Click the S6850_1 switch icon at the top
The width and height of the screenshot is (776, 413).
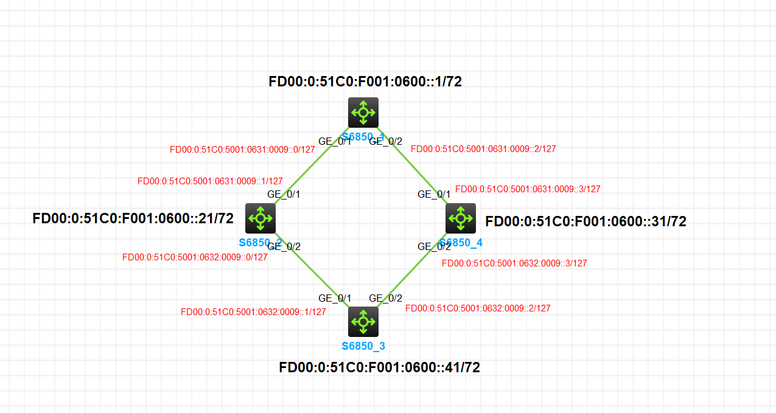[x=363, y=112]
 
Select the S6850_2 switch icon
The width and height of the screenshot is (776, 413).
[x=260, y=218]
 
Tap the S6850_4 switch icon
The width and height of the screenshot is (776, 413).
[x=461, y=218]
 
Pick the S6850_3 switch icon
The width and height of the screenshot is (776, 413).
[x=363, y=321]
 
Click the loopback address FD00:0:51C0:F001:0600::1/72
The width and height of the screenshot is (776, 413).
[x=365, y=82]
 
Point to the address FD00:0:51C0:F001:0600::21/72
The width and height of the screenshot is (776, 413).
[x=133, y=218]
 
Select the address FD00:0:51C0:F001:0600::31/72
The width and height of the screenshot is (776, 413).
[x=585, y=222]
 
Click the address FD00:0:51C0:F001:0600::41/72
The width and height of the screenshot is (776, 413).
[x=379, y=367]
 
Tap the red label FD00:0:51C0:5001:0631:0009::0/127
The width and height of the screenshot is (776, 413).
[x=242, y=149]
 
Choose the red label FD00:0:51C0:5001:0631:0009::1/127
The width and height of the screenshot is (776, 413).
[x=210, y=181]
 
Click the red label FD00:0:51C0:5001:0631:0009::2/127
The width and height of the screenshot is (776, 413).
[x=483, y=148]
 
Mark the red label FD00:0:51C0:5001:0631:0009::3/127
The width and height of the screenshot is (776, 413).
[x=528, y=189]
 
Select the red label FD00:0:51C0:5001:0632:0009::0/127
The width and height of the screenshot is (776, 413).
[x=195, y=257]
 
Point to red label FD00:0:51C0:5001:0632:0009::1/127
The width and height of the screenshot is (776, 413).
[x=253, y=312]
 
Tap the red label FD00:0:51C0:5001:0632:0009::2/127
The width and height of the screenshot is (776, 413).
[x=478, y=308]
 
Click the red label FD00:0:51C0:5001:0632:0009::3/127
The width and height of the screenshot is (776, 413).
[x=514, y=263]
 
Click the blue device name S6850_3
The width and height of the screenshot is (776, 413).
[x=363, y=347]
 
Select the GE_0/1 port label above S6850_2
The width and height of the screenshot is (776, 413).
[x=284, y=194]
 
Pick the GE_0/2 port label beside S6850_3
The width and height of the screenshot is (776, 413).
[x=386, y=298]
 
